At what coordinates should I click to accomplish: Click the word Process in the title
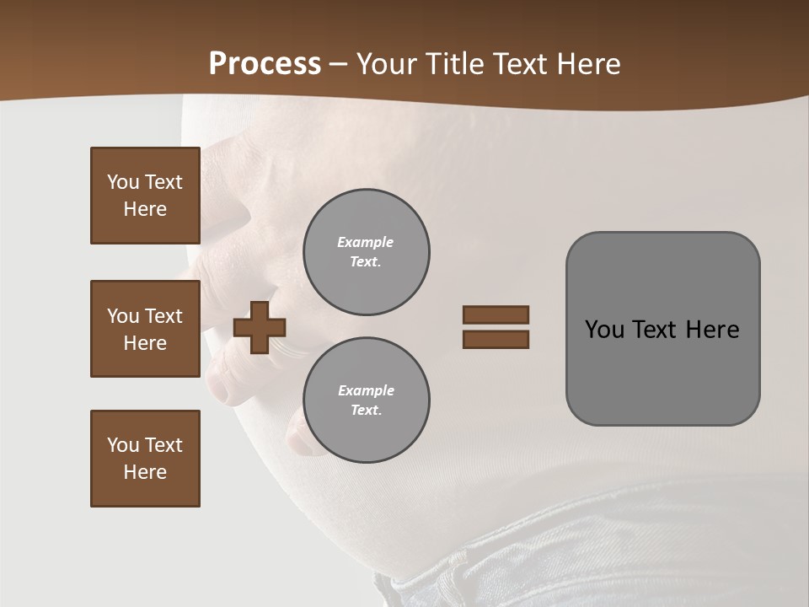pos(265,64)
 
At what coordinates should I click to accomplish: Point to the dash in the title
pos(339,65)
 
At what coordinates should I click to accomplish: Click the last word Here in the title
pos(587,64)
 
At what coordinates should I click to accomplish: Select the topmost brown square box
pos(145,196)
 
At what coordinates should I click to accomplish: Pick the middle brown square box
pos(145,329)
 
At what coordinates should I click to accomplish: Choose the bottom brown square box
pos(145,459)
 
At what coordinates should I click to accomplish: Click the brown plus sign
pos(260,327)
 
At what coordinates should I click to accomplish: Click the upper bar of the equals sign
pos(496,314)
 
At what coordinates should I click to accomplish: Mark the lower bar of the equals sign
pos(496,340)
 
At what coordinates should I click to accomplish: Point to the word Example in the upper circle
pos(365,242)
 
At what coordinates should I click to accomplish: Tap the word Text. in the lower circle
pos(366,410)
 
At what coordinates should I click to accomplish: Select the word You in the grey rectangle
pos(604,329)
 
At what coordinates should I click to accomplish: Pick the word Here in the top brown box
pos(145,209)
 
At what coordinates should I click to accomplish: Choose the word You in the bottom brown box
pos(122,445)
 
